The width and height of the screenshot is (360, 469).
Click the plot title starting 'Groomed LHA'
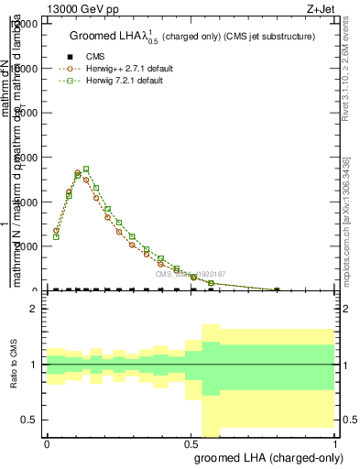click(192, 37)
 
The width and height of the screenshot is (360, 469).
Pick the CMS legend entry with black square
click(84, 57)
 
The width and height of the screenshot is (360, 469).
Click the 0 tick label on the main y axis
click(36, 290)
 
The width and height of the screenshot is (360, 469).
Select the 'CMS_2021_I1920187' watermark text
click(190, 273)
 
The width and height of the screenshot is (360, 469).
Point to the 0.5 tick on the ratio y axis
click(31, 420)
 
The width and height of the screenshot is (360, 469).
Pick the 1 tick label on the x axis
click(335, 443)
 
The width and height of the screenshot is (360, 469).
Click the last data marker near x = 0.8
click(278, 290)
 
